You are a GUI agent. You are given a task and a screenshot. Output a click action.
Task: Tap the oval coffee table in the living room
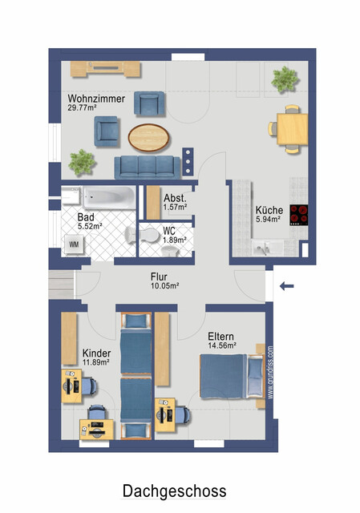pyautogui.click(x=148, y=137)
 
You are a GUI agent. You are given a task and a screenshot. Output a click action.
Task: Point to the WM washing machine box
pyautogui.click(x=74, y=244)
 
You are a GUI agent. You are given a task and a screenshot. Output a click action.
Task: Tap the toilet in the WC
pyautogui.click(x=150, y=237)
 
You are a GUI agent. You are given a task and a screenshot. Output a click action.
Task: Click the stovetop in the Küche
pyautogui.click(x=299, y=215)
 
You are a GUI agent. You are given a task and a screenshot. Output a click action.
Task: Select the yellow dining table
pyautogui.click(x=293, y=127)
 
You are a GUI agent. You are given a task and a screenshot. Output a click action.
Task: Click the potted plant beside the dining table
pyautogui.click(x=284, y=79)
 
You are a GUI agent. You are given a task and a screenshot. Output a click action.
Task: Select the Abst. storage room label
pyautogui.click(x=175, y=197)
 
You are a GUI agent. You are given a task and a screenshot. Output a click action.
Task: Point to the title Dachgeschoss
pyautogui.click(x=174, y=491)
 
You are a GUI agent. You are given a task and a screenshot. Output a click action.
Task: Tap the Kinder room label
pyautogui.click(x=96, y=353)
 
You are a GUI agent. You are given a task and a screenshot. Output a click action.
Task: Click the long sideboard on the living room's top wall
pyautogui.click(x=104, y=69)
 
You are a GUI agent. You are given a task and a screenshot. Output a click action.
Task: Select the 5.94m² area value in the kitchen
pyautogui.click(x=269, y=219)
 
